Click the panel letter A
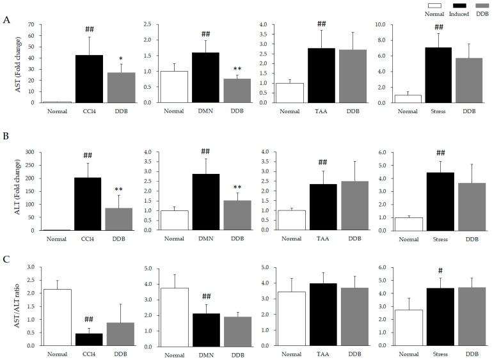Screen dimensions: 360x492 (6, 20)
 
